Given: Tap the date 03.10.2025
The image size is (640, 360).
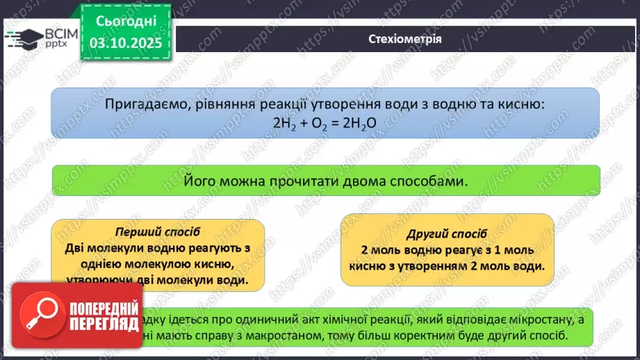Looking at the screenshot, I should point(125,42).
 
